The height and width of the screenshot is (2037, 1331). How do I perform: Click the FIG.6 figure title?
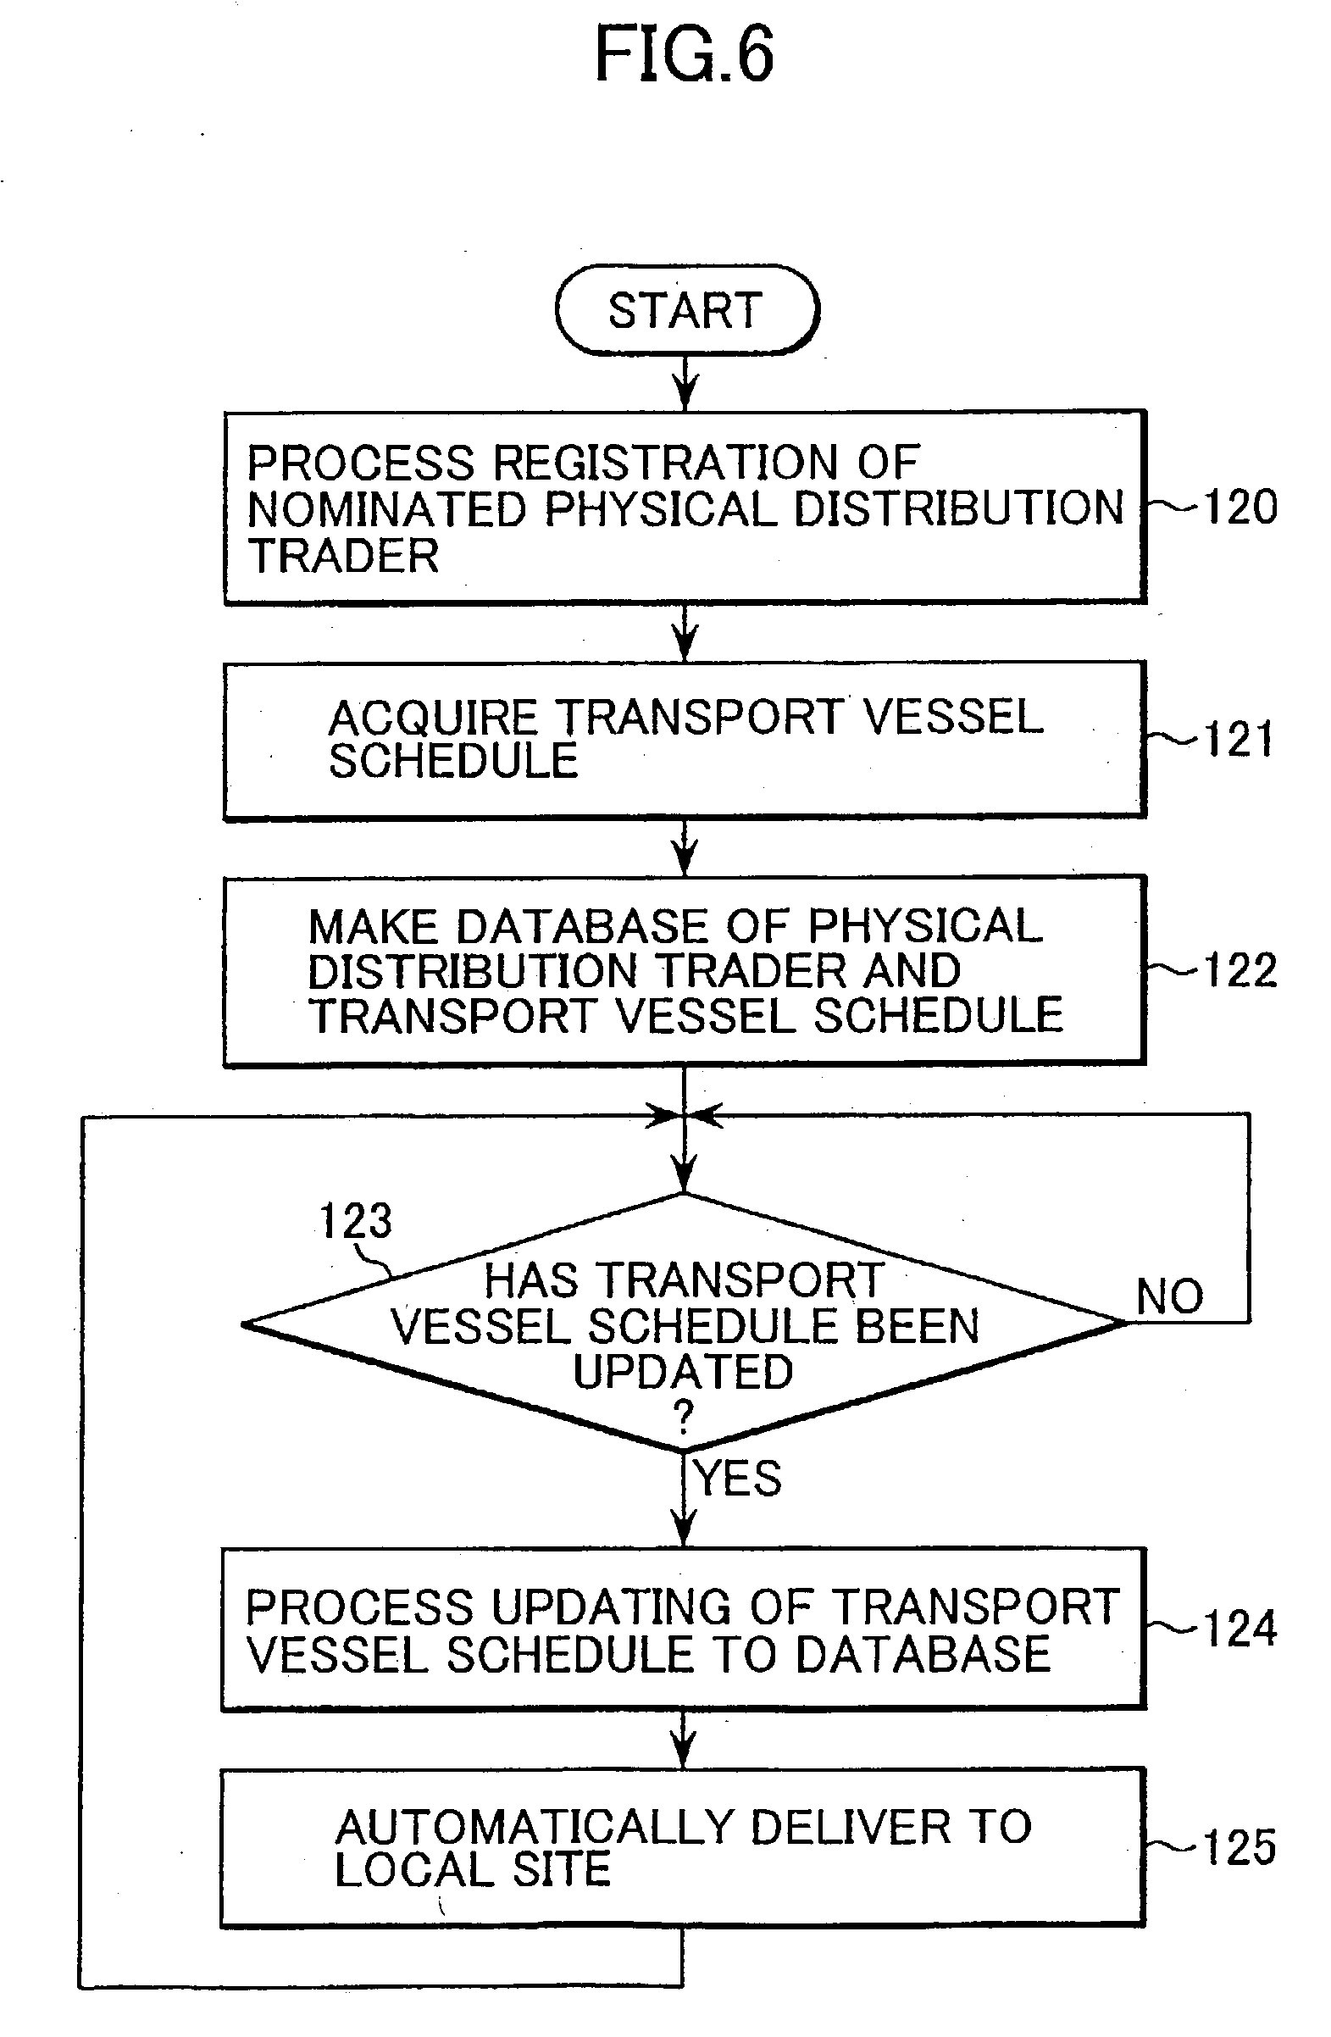click(x=684, y=55)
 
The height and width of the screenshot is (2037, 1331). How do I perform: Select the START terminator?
click(x=686, y=310)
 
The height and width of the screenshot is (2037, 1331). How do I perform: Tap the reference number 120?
click(x=1240, y=507)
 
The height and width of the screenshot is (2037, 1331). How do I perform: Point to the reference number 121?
click(x=1239, y=740)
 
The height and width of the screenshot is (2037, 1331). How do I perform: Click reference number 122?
click(x=1240, y=970)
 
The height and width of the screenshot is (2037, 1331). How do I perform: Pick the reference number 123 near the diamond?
click(x=355, y=1220)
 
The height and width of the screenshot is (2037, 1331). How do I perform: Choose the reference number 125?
click(x=1240, y=1847)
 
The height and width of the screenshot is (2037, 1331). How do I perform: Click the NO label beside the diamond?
click(x=1169, y=1296)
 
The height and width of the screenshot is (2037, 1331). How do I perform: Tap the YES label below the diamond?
click(x=738, y=1479)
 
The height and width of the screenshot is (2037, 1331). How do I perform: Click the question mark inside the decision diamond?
click(x=683, y=1418)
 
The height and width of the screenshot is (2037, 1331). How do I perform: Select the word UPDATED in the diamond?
click(x=683, y=1372)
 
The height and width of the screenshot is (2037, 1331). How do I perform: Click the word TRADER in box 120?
click(x=343, y=557)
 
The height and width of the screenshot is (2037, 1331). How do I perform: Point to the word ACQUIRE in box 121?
click(x=432, y=717)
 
